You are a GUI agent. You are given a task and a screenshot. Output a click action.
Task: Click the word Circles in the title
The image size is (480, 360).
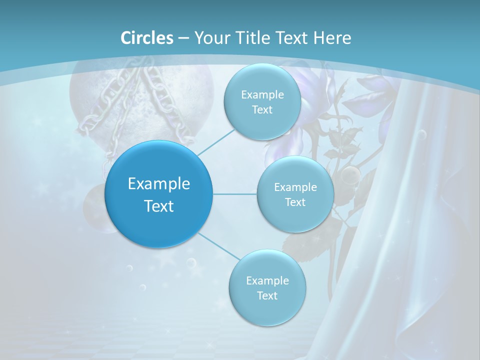click(147, 38)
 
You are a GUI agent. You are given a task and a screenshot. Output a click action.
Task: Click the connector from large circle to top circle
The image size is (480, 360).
click(216, 141)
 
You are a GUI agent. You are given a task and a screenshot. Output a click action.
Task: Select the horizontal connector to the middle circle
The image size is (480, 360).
click(235, 194)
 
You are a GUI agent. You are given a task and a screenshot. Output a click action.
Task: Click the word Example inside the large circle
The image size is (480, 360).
click(159, 184)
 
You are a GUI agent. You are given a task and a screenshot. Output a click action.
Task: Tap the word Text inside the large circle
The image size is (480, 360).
click(159, 206)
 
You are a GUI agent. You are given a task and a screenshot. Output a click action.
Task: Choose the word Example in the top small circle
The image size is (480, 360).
click(262, 95)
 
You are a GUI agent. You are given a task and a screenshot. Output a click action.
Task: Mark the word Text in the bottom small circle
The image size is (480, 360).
click(267, 295)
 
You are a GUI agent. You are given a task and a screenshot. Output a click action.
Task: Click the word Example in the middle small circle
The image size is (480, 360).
click(295, 187)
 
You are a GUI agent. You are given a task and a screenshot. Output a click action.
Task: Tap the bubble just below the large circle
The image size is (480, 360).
click(191, 262)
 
